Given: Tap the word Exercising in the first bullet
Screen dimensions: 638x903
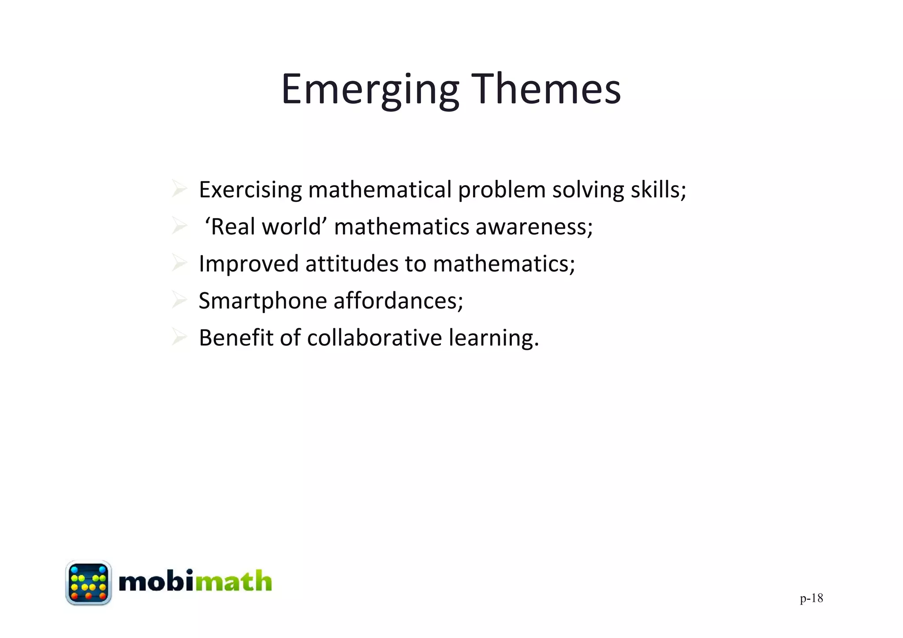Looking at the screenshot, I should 250,190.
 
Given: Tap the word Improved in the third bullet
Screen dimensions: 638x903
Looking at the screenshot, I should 249,264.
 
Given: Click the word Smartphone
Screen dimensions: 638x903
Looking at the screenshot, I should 263,301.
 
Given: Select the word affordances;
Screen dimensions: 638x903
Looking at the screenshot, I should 398,301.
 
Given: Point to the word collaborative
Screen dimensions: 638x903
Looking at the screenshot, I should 374,338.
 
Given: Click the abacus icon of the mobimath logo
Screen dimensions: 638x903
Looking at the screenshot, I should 88,582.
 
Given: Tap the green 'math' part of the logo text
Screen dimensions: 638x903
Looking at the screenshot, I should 233,582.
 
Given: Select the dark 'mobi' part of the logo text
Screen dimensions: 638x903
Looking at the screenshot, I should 157,582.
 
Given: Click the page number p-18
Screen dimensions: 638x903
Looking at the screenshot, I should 811,598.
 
